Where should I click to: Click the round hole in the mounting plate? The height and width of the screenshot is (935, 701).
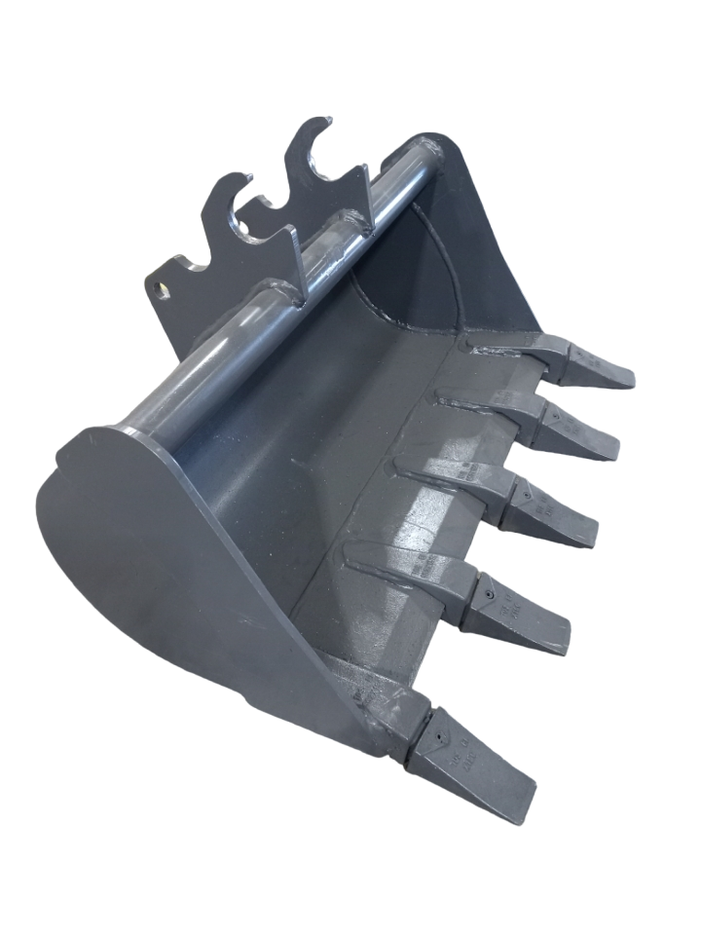162,290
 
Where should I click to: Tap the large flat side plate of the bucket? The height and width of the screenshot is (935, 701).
166,555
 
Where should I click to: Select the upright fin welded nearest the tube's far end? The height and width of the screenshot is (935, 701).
368,200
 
